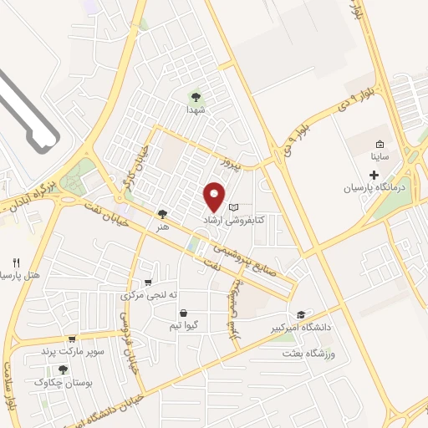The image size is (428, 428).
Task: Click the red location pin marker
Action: pos(216,196)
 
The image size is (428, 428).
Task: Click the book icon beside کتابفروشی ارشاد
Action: pos(234,206)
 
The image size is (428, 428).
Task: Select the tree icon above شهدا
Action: pos(196,96)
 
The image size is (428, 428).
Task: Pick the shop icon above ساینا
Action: pos(380,144)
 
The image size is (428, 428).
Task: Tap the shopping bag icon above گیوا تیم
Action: pos(183,313)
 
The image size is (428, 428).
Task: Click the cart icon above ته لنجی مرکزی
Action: pos(148,283)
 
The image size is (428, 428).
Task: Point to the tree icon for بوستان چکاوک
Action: pos(63,369)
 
